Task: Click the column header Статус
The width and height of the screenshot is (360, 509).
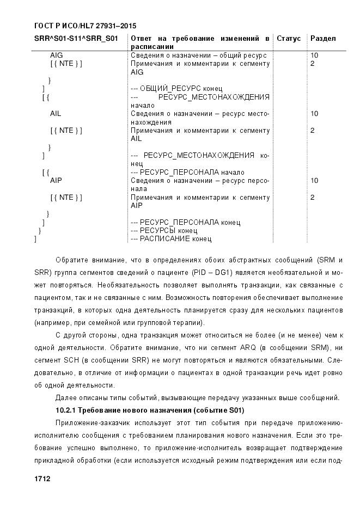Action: (289, 39)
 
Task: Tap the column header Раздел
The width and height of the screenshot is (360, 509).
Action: (323, 39)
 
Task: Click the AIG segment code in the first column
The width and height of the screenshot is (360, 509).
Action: (56, 56)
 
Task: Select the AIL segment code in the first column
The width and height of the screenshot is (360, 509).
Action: (56, 114)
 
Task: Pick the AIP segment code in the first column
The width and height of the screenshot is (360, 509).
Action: (56, 180)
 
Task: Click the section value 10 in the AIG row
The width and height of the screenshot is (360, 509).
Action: (314, 56)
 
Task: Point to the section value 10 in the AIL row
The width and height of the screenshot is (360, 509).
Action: (314, 114)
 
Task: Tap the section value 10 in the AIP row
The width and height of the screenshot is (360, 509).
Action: (314, 180)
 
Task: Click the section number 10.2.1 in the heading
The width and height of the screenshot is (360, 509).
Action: (69, 409)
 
